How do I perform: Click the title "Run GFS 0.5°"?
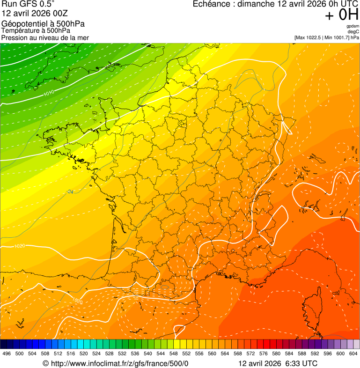pyautogui.click(x=28, y=4)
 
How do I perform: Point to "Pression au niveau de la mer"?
pyautogui.click(x=45, y=37)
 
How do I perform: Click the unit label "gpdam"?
pyautogui.click(x=353, y=26)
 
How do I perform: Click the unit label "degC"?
pyautogui.click(x=353, y=31)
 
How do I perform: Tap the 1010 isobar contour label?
pyautogui.click(x=48, y=93)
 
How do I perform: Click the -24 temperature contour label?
pyautogui.click(x=70, y=192)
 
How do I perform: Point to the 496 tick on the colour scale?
pyautogui.click(x=7, y=354)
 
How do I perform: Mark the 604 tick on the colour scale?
pyautogui.click(x=353, y=354)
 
